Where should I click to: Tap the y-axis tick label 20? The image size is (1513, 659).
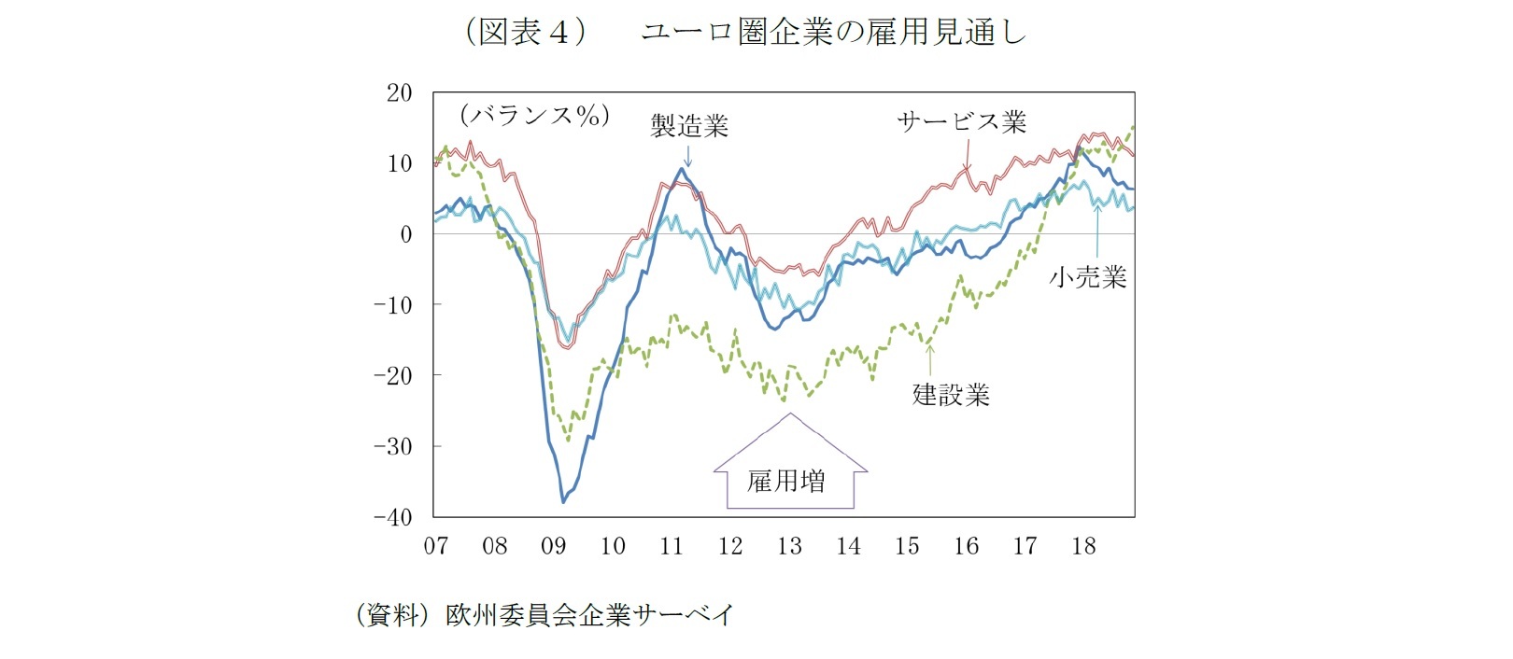point(399,92)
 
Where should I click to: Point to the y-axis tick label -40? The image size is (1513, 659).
point(392,517)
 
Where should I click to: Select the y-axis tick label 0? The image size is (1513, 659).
point(405,234)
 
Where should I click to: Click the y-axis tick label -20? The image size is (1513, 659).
point(392,375)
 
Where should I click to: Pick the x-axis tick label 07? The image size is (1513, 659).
point(436,546)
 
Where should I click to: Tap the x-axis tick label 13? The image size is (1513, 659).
point(789,546)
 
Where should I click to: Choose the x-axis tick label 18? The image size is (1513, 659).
point(1083,546)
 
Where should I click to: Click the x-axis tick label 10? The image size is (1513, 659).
point(613,546)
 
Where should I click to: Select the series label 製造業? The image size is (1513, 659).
point(689,125)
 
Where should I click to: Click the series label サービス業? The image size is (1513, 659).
point(961,122)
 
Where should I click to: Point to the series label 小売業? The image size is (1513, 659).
point(1088,277)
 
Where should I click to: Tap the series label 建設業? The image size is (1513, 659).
point(951,395)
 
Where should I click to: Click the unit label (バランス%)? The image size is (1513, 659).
point(534,116)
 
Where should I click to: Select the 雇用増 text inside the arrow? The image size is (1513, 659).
point(785,482)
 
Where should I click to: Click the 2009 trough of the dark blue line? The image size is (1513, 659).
point(563,501)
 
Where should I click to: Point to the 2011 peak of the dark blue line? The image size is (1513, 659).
point(683,170)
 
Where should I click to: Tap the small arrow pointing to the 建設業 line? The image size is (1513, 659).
point(929,359)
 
